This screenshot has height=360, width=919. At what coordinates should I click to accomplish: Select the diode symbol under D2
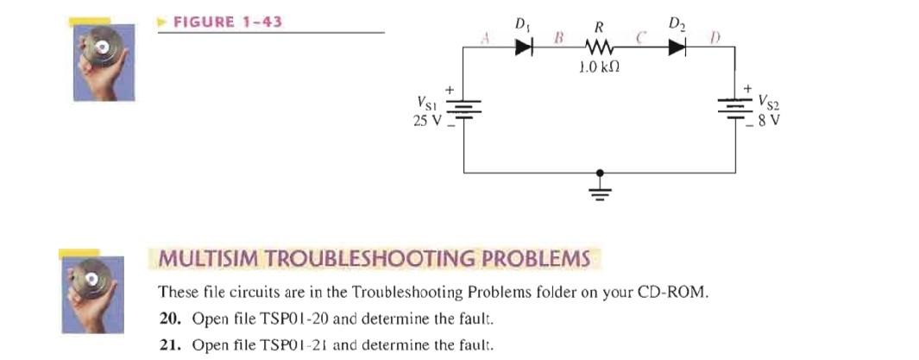click(676, 48)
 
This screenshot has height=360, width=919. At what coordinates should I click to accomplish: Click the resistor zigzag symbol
click(597, 48)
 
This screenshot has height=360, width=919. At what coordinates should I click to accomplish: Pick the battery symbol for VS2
click(735, 109)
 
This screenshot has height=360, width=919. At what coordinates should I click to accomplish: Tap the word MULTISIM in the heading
click(211, 258)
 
